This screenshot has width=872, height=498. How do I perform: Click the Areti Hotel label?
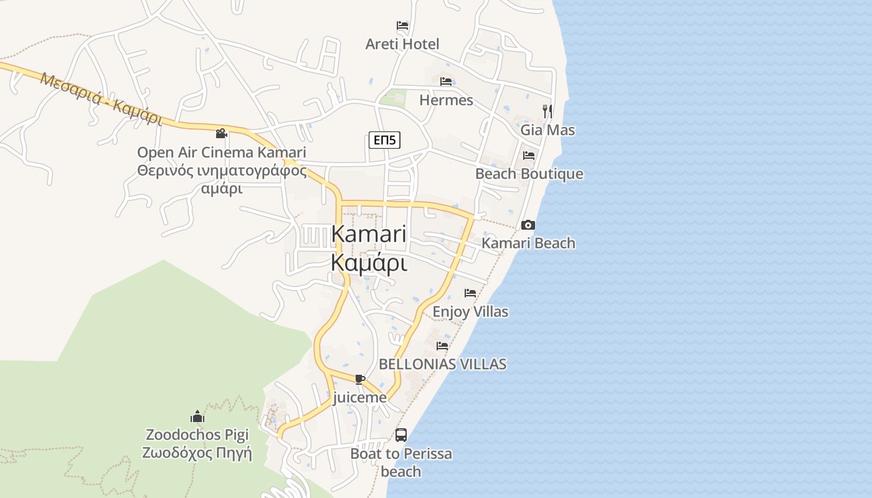(402, 44)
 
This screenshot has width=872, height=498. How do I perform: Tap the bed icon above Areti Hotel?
(402, 26)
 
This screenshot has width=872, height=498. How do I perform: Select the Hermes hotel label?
(446, 100)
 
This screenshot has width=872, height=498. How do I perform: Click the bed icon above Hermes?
(446, 82)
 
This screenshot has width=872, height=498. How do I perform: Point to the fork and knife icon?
(547, 111)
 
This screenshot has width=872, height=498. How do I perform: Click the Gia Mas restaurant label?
(547, 130)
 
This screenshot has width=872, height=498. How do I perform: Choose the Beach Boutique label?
(529, 174)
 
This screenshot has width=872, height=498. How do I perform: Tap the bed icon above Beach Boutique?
(529, 155)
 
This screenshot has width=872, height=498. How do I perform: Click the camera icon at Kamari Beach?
(528, 225)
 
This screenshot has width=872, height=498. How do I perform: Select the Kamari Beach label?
(528, 243)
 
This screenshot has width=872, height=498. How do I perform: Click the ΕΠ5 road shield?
(384, 140)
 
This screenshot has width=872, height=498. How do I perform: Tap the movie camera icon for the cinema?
(221, 133)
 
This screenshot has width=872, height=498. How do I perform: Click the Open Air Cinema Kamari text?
(222, 153)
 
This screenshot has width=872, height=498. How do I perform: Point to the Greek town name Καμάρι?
(369, 263)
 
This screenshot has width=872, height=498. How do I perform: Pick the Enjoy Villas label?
(470, 311)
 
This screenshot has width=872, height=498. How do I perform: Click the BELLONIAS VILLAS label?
(442, 364)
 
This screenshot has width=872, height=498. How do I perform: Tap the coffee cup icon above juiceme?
(359, 378)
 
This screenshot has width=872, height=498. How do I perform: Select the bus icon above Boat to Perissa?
(401, 435)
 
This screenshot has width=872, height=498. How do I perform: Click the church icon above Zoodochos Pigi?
(197, 416)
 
